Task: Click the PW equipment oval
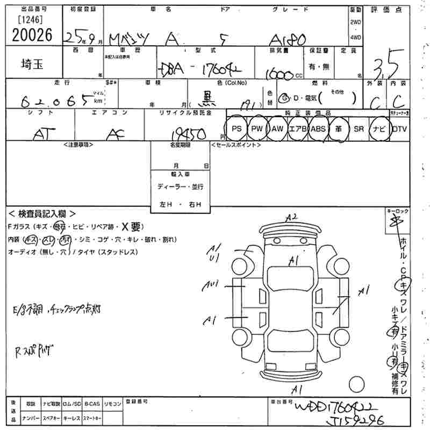pos(257,129)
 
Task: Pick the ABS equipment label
pos(318,129)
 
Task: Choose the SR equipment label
pos(359,129)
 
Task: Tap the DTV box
pos(399,129)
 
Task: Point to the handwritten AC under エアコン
pos(112,134)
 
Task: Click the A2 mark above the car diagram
pos(291,217)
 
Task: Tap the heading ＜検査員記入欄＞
pos(42,213)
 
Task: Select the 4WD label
pos(355,38)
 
